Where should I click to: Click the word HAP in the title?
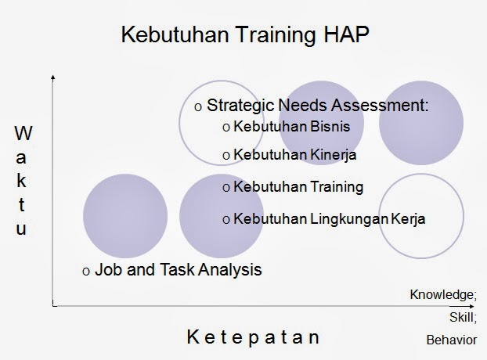346,34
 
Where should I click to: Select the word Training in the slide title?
276,35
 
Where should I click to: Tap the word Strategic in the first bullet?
240,106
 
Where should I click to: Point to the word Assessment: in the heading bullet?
380,105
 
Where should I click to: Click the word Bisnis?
330,126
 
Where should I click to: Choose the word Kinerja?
334,155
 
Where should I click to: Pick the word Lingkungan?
349,219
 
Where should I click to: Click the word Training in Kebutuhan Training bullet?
337,187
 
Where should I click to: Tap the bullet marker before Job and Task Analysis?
86,272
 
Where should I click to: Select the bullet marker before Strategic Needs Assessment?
198,107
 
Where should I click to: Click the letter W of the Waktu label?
23,133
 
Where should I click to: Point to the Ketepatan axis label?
253,337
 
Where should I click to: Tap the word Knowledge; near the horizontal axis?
443,295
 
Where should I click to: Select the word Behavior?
452,340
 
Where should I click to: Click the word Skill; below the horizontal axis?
463,318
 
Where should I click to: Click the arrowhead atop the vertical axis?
53,77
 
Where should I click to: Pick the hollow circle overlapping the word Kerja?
379,216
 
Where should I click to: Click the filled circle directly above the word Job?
125,216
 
